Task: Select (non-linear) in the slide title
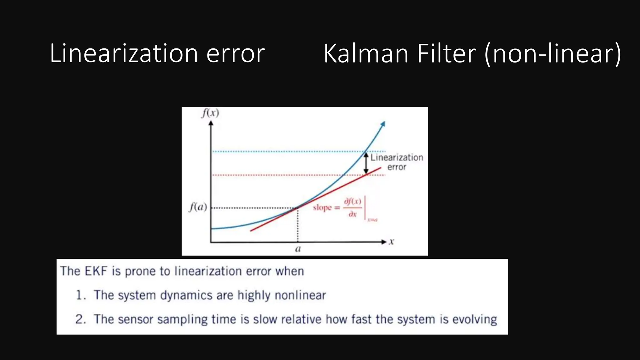[x=552, y=54]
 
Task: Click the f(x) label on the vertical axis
[x=210, y=113]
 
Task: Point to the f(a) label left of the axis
[x=198, y=207]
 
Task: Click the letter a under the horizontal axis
[x=298, y=249]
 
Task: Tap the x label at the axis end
[x=392, y=242]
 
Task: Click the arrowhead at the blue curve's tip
[x=383, y=124]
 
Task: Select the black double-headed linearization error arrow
[x=366, y=163]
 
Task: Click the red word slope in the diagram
[x=322, y=207]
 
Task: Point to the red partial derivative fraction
[x=352, y=207]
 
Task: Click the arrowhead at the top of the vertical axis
[x=211, y=123]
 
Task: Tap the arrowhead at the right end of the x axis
[x=384, y=242]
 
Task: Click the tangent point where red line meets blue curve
[x=297, y=207]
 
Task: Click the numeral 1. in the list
[x=81, y=295]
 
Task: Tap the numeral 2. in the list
[x=81, y=319]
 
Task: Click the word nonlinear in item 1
[x=300, y=295]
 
